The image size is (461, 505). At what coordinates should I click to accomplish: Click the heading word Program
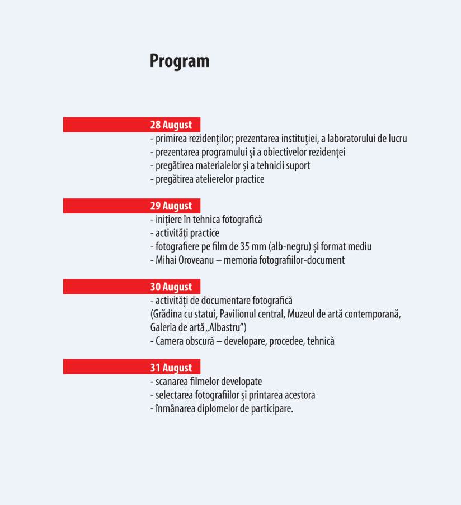click(x=180, y=61)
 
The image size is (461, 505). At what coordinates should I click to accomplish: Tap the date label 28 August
click(x=171, y=125)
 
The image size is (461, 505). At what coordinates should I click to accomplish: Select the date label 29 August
click(x=171, y=206)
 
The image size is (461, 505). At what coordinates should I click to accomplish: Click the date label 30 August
click(x=171, y=287)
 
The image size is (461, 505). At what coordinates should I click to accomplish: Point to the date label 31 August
click(x=171, y=368)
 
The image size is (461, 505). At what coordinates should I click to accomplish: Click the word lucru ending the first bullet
click(x=396, y=139)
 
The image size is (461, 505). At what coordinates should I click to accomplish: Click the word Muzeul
click(x=302, y=314)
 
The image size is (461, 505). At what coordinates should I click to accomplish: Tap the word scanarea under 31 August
click(x=171, y=382)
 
